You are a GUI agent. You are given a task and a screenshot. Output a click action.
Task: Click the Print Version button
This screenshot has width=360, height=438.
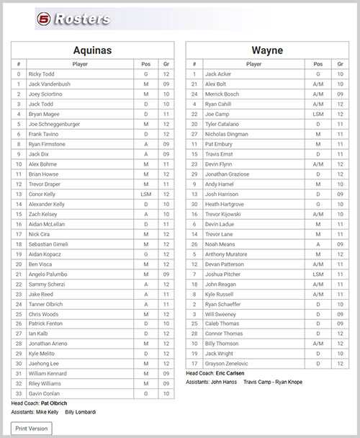pyautogui.click(x=32, y=428)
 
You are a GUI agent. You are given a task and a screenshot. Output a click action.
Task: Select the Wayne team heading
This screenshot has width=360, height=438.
pyautogui.click(x=267, y=50)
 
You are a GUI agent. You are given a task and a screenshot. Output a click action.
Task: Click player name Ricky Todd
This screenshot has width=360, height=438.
pyautogui.click(x=42, y=73)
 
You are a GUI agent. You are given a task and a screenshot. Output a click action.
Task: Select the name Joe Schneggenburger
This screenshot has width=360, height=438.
pyautogui.click(x=54, y=124)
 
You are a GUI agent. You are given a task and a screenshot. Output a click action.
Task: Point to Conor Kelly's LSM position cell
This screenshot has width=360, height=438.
pyautogui.click(x=145, y=194)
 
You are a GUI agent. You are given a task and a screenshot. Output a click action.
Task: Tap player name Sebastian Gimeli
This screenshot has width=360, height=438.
pyautogui.click(x=49, y=244)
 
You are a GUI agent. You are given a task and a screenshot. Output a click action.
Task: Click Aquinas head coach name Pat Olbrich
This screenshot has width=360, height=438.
pyautogui.click(x=54, y=403)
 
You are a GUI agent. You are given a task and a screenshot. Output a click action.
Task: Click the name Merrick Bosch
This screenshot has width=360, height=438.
pyautogui.click(x=222, y=94)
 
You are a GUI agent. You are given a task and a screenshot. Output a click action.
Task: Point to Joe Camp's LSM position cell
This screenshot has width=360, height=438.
pyautogui.click(x=318, y=114)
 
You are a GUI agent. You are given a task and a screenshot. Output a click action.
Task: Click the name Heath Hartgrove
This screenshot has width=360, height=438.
pyautogui.click(x=224, y=204)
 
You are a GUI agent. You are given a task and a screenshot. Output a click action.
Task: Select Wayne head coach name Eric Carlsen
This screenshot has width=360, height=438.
pyautogui.click(x=228, y=373)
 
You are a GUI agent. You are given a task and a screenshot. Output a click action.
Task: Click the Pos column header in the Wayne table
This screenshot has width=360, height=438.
pyautogui.click(x=318, y=64)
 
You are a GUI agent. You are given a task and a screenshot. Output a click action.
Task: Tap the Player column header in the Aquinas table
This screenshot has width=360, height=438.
pyautogui.click(x=80, y=64)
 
